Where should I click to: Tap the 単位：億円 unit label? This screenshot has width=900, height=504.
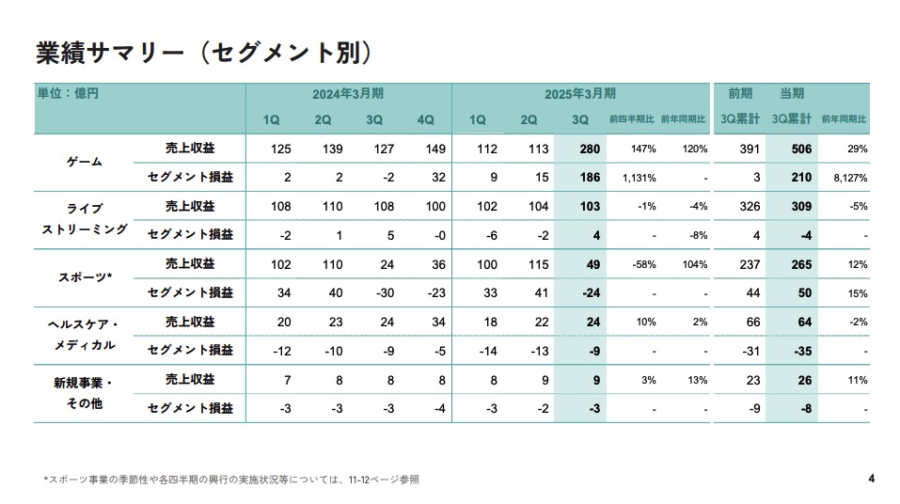click(x=68, y=94)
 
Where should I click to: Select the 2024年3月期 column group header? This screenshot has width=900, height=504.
click(x=348, y=94)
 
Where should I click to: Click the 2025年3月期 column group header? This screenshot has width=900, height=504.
click(x=580, y=94)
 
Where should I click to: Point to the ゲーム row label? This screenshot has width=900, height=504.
click(x=85, y=163)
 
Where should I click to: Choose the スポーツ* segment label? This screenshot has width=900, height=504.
click(x=85, y=277)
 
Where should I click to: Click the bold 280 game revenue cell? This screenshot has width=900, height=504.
click(x=590, y=149)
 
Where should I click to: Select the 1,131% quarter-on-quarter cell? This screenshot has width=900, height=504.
click(x=639, y=177)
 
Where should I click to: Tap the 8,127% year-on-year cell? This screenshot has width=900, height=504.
click(x=848, y=177)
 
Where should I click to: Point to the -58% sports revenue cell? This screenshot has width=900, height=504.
click(x=644, y=264)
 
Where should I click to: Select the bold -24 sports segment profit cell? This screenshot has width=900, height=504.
click(x=592, y=292)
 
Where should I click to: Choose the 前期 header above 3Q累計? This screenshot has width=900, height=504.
click(x=740, y=94)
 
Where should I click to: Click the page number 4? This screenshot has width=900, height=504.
click(x=872, y=479)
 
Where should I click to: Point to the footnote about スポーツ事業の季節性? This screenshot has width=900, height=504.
click(x=231, y=480)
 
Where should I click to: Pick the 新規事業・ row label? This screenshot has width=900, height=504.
click(x=84, y=383)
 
